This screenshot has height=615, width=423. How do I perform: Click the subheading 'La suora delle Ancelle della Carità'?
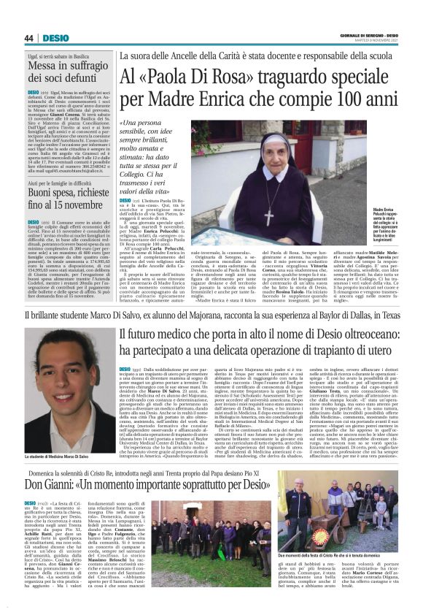tap(258, 56)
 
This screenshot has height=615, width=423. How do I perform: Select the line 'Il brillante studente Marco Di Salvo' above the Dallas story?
tap(211, 315)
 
